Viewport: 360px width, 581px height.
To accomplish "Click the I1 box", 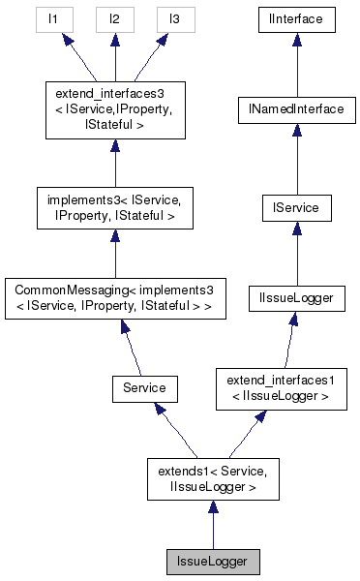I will pos(55,18).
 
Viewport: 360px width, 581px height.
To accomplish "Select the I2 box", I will pos(114,18).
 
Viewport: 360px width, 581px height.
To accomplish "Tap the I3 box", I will pos(173,18).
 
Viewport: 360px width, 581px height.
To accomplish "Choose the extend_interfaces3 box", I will pos(114,110).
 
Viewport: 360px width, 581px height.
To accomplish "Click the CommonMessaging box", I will pos(114,299).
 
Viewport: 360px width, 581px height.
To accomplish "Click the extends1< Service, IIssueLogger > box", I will pos(212,477).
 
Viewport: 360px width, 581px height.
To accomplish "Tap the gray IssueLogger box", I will pos(212,561).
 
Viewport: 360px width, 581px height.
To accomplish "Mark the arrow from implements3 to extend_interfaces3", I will pos(114,160).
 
